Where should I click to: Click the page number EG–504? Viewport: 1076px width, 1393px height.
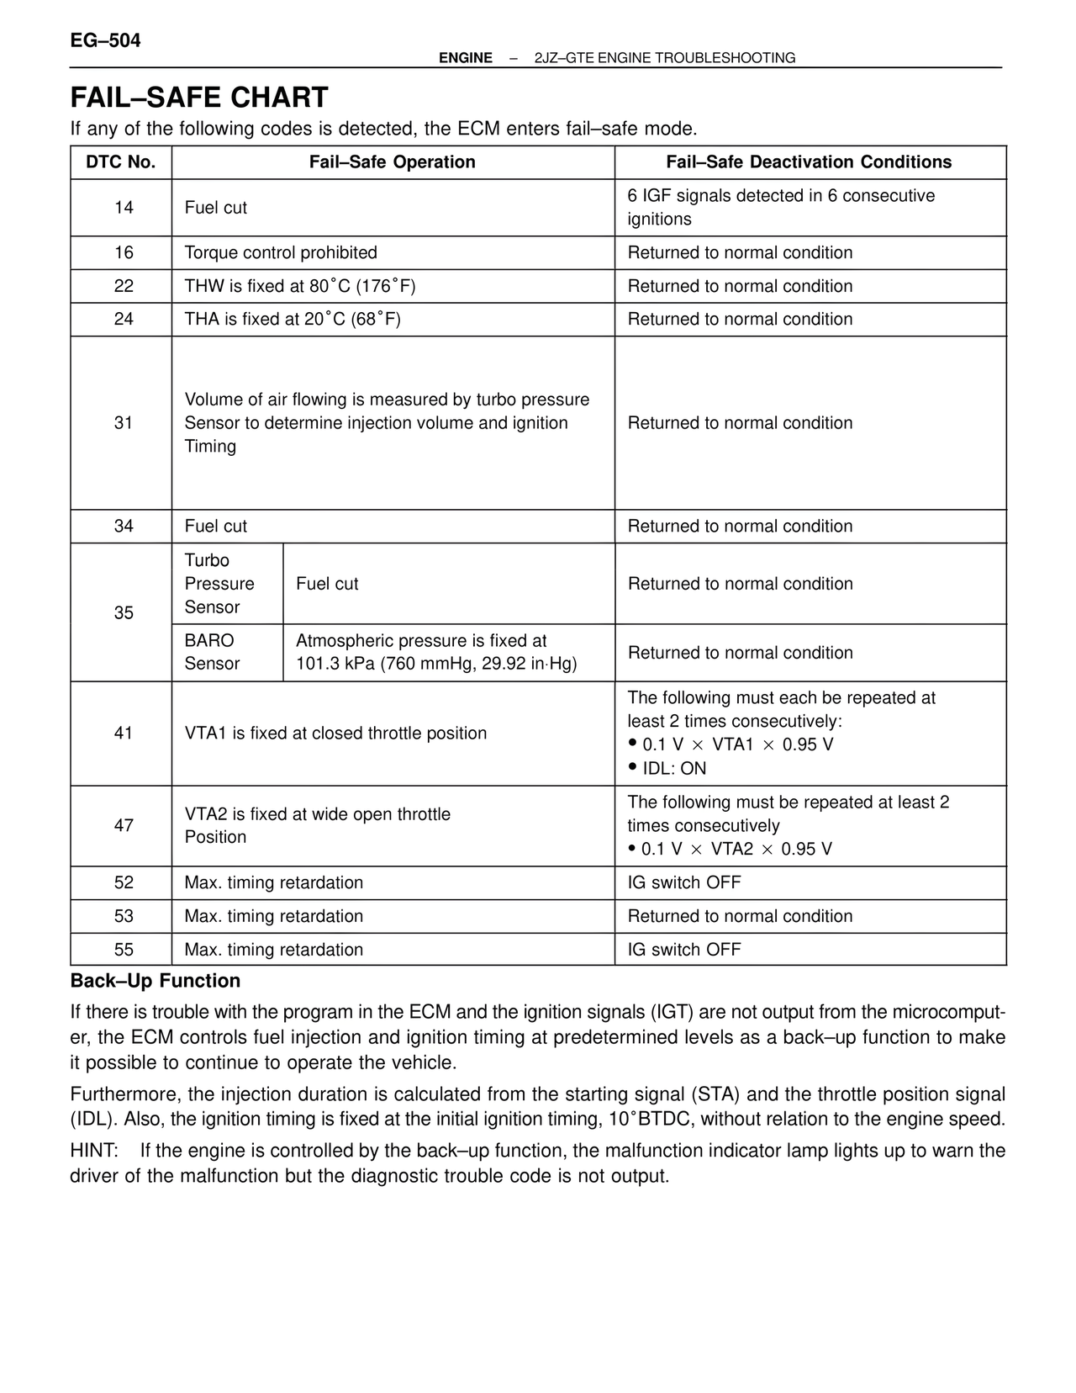click(x=105, y=40)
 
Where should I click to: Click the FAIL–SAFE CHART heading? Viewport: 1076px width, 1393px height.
click(x=199, y=98)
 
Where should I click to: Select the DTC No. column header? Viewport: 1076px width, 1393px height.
click(x=121, y=162)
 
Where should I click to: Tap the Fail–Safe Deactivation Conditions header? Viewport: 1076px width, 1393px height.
click(x=809, y=162)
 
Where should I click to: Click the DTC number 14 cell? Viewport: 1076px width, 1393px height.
click(x=124, y=208)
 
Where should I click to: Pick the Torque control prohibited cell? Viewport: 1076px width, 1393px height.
click(x=281, y=253)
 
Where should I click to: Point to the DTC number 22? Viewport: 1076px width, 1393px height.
click(x=124, y=286)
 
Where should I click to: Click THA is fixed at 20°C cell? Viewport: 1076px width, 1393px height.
click(x=293, y=320)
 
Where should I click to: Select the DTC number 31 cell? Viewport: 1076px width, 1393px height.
click(x=124, y=423)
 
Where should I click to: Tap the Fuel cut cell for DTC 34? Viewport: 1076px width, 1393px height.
click(x=216, y=527)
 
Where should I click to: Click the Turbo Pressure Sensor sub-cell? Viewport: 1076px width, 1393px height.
click(x=219, y=584)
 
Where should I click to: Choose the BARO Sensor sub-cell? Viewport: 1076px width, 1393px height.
click(x=212, y=653)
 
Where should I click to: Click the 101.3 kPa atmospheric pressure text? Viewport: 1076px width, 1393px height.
click(x=436, y=665)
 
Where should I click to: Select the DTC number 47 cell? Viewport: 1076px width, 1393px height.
click(x=124, y=826)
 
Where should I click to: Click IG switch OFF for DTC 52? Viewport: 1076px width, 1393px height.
click(x=684, y=883)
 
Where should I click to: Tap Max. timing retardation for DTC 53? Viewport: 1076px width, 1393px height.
click(x=274, y=917)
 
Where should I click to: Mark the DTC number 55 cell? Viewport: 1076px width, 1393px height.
click(x=124, y=950)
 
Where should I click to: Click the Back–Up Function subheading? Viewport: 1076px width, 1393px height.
click(x=156, y=981)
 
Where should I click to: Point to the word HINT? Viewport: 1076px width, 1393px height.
click(x=94, y=1151)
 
